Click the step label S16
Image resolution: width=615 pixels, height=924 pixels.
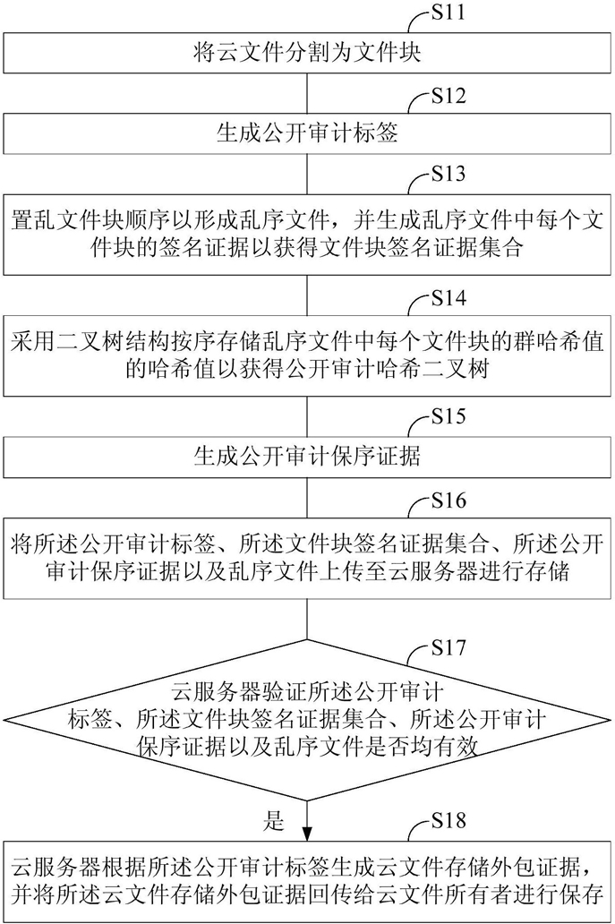448,498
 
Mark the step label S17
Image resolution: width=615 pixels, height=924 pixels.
448,647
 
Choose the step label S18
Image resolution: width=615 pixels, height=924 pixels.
448,817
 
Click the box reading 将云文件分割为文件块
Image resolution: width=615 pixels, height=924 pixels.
307,54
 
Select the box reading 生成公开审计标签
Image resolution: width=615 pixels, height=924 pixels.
307,136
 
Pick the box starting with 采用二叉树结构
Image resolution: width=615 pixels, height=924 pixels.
307,356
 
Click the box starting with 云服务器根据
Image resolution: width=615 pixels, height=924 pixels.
307,879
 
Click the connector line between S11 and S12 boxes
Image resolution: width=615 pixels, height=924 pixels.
307,94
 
